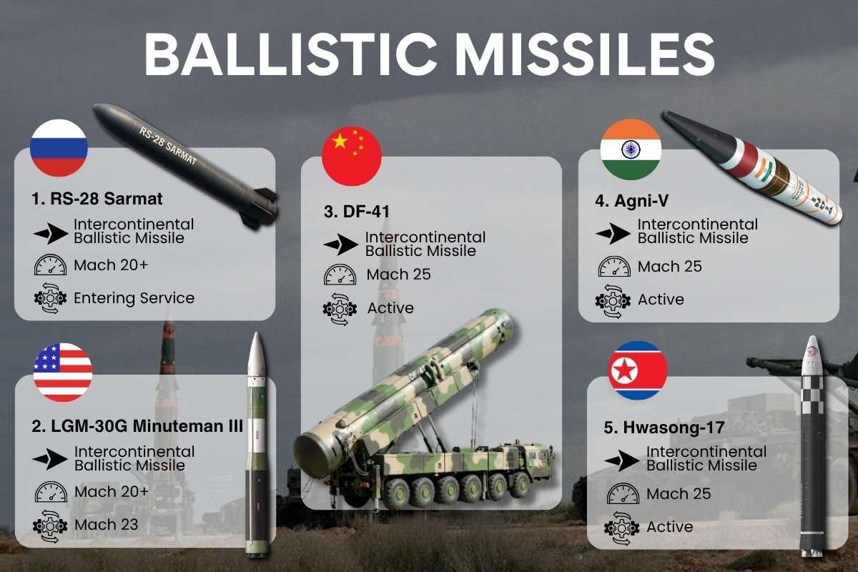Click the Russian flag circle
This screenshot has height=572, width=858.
pos(59,148)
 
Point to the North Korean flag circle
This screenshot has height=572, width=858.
pos(637,370)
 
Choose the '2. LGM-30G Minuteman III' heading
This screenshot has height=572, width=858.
pos(138,427)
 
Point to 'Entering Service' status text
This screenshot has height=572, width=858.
pos(134,297)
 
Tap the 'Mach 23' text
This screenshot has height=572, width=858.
pos(106,525)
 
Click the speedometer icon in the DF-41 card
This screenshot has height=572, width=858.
pos(340,275)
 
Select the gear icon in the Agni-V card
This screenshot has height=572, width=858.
pos(613,300)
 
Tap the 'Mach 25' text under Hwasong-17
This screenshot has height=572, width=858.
pos(679,494)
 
